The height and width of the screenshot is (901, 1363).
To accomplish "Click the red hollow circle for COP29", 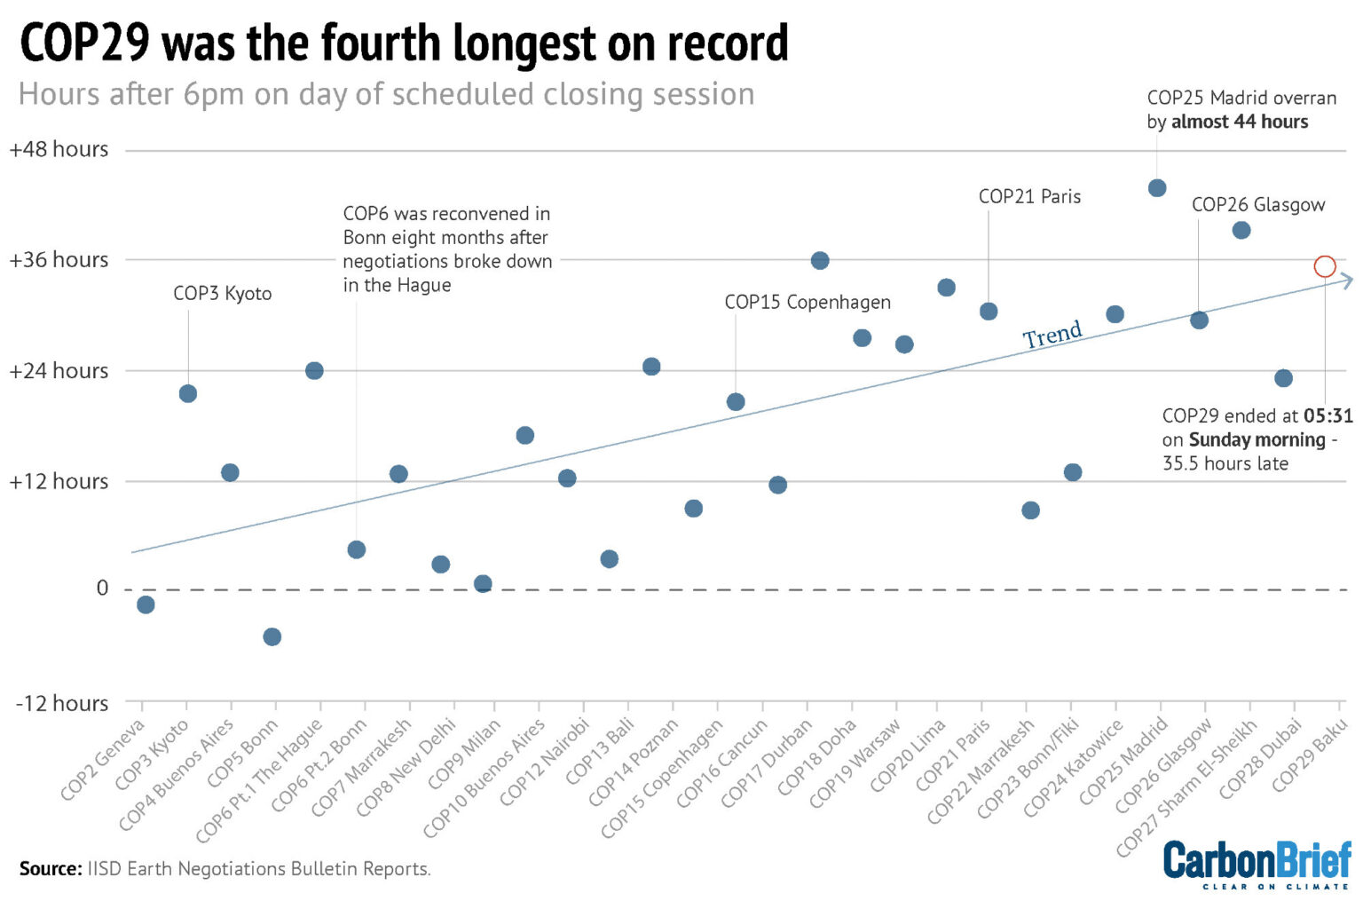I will point(1324,266).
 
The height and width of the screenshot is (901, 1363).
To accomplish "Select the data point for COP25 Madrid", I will point(1156,188).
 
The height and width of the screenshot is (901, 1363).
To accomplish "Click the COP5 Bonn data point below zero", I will point(272,636).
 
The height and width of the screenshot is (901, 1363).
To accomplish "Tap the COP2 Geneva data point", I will point(146,605).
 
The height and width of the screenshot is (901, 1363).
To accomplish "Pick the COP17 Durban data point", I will point(820,260).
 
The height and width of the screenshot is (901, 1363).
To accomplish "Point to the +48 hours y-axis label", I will point(59,149).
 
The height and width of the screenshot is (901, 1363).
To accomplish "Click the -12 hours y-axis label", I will point(62,703).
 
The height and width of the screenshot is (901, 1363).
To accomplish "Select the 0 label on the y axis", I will point(102,588).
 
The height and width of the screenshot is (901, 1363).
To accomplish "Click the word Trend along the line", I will point(1052,335).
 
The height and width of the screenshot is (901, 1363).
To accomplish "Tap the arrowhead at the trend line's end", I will point(1346,281).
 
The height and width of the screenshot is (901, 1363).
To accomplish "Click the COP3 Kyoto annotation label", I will point(222,294).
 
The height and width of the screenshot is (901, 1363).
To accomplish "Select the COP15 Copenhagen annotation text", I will point(807,302).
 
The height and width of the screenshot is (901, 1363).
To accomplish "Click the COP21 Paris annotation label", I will point(1029,197).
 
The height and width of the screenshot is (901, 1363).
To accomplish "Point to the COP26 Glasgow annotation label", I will point(1257,205).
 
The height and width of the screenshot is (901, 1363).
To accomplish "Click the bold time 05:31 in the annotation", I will point(1328,415).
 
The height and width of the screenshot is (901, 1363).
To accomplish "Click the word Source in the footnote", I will point(51,868).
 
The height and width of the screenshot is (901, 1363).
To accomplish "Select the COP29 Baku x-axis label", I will point(1310,756).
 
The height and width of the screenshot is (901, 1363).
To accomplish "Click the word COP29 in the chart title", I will point(85,43).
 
